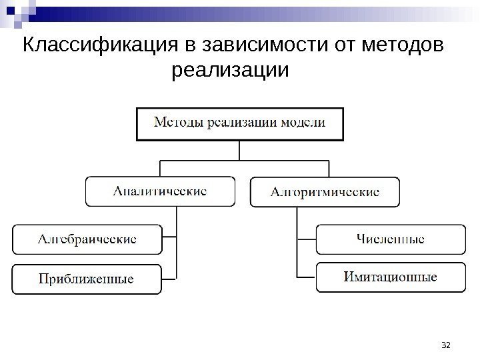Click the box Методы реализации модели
click(x=241, y=124)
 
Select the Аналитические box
click(x=160, y=191)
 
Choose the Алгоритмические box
click(x=325, y=191)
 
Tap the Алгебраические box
click(x=87, y=239)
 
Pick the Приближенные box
click(x=87, y=279)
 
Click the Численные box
click(x=391, y=239)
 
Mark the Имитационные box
click(x=391, y=277)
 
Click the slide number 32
click(x=447, y=345)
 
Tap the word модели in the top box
click(x=303, y=123)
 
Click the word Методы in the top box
click(x=177, y=123)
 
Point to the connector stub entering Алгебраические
click(x=169, y=237)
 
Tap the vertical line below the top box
click(x=241, y=150)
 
